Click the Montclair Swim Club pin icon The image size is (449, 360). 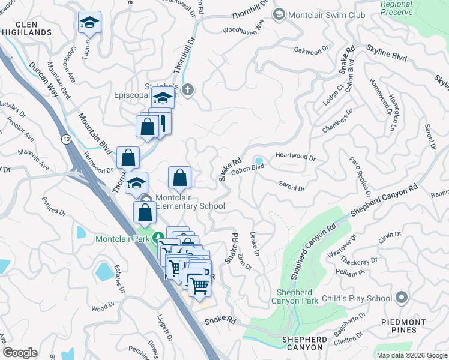(279, 14)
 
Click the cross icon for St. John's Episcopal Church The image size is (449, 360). (188, 90)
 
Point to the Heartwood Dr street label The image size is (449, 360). (295, 157)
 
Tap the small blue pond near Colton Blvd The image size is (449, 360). (259, 161)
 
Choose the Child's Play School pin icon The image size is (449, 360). (402, 298)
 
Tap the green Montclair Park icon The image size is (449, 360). (158, 238)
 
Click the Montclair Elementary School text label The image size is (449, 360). (190, 202)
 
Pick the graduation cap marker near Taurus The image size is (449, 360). (89, 23)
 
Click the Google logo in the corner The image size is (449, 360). (20, 353)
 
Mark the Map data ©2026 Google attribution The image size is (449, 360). (412, 355)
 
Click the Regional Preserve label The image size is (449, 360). (396, 8)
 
